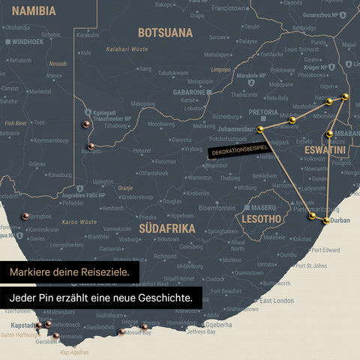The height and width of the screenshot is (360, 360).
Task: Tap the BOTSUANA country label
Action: (x=166, y=33)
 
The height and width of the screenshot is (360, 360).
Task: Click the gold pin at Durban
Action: (x=326, y=220)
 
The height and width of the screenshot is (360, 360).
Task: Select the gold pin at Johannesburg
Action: (x=260, y=130)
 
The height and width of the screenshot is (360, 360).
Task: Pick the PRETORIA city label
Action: (x=263, y=112)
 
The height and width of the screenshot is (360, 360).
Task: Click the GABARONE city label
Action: (x=188, y=91)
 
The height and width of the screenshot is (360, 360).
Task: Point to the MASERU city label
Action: (x=264, y=207)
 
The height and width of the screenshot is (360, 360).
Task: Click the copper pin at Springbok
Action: (x=25, y=216)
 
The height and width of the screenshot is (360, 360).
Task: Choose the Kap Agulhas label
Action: (x=74, y=352)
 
